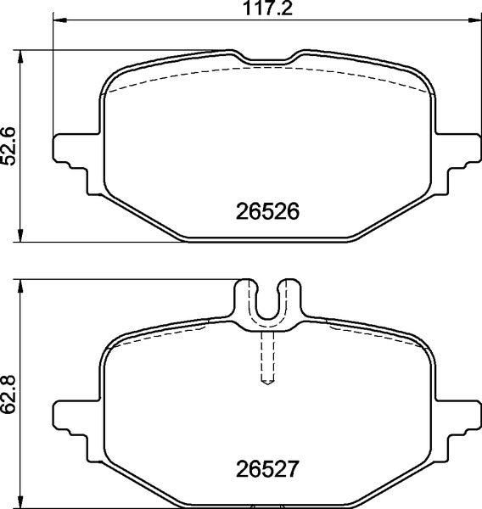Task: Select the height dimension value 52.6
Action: click(x=9, y=146)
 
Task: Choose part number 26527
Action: click(x=267, y=467)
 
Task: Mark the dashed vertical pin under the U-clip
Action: click(x=267, y=357)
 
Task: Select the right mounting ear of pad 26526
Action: click(x=458, y=153)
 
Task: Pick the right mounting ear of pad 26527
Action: click(x=458, y=416)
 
